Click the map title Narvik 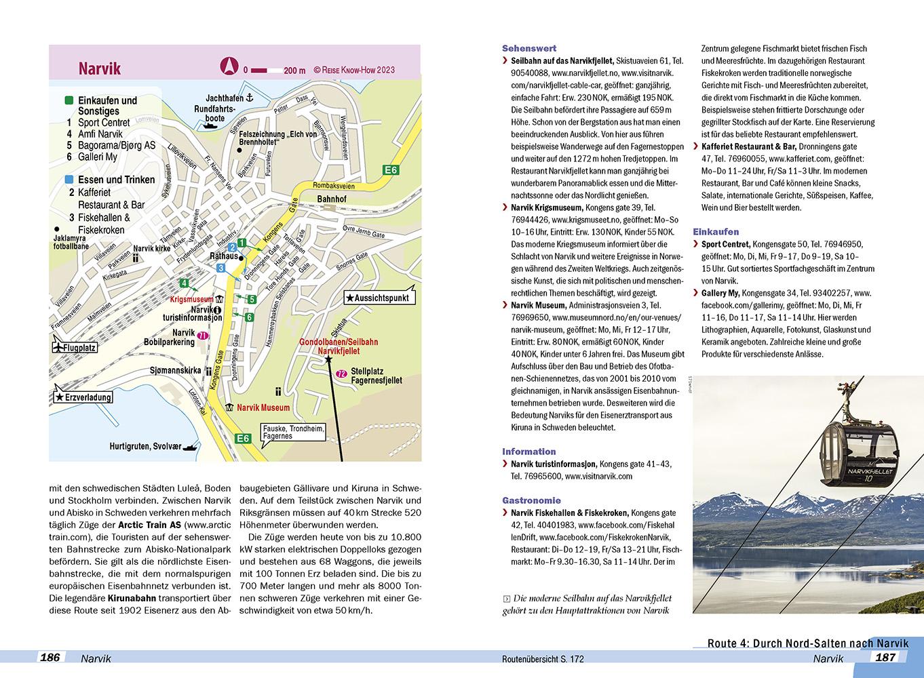[99, 68]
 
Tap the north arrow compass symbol [229, 67]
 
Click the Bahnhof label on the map [331, 199]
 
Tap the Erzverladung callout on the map [83, 397]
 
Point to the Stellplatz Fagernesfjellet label [376, 376]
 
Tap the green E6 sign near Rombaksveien [390, 170]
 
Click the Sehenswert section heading [528, 48]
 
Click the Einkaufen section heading [716, 231]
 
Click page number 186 [51, 657]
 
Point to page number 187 [886, 657]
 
